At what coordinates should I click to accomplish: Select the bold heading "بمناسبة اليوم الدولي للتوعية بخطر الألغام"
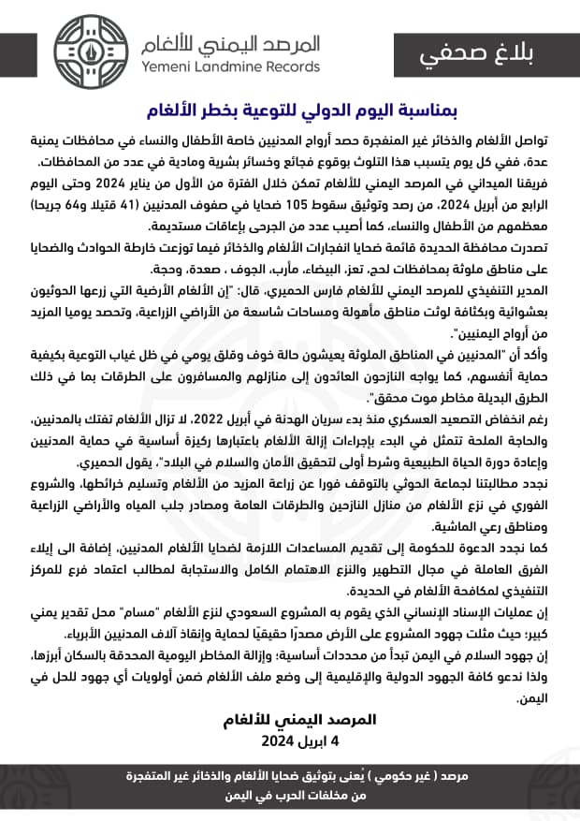coord(290,110)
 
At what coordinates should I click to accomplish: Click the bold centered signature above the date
coord(289,720)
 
